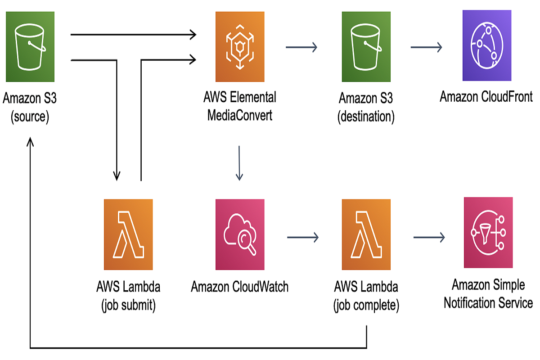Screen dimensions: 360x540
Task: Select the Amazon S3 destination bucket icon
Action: coord(366,47)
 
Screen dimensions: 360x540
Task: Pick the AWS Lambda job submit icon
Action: coord(128,234)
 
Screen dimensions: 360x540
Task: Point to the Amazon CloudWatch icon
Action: coord(240,234)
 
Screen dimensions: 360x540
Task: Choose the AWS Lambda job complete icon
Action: coord(366,234)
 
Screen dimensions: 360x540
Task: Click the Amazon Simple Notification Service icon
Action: coord(488,233)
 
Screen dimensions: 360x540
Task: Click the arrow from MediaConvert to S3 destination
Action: coord(301,47)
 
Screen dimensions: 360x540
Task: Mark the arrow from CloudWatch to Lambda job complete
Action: coord(302,237)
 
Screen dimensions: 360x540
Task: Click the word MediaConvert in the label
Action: coord(239,115)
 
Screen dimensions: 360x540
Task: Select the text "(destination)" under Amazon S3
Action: coord(366,117)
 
